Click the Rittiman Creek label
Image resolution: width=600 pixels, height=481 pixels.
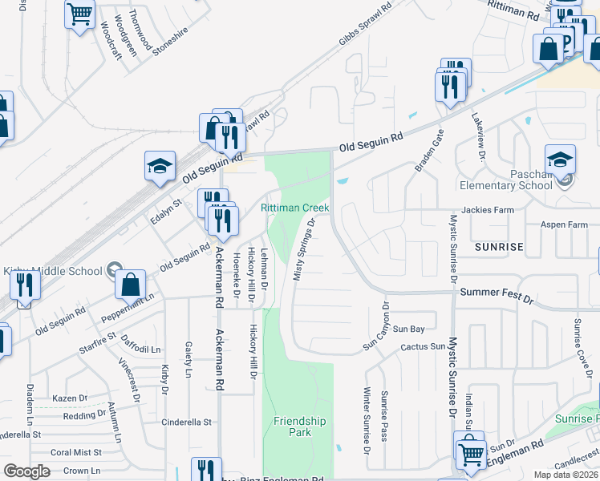point(294,208)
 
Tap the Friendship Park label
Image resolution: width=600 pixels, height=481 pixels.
point(299,426)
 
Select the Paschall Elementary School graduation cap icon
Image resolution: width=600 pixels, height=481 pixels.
point(560,160)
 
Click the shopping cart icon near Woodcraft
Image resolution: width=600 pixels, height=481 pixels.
point(79,13)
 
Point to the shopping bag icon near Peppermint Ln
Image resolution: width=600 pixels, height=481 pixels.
point(130,284)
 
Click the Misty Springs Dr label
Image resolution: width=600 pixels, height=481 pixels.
point(304,250)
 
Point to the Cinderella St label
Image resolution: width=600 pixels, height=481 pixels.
point(186,422)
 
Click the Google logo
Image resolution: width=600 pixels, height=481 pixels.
point(26,471)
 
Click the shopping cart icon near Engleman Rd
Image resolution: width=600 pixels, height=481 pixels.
point(470,452)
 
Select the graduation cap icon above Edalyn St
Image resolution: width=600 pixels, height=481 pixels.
point(160,165)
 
